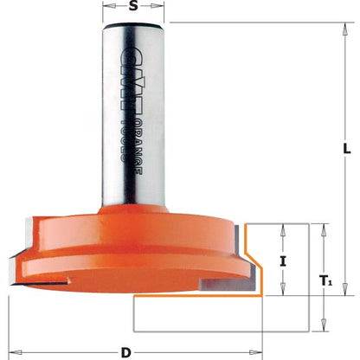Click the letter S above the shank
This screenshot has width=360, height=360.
point(132,8)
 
